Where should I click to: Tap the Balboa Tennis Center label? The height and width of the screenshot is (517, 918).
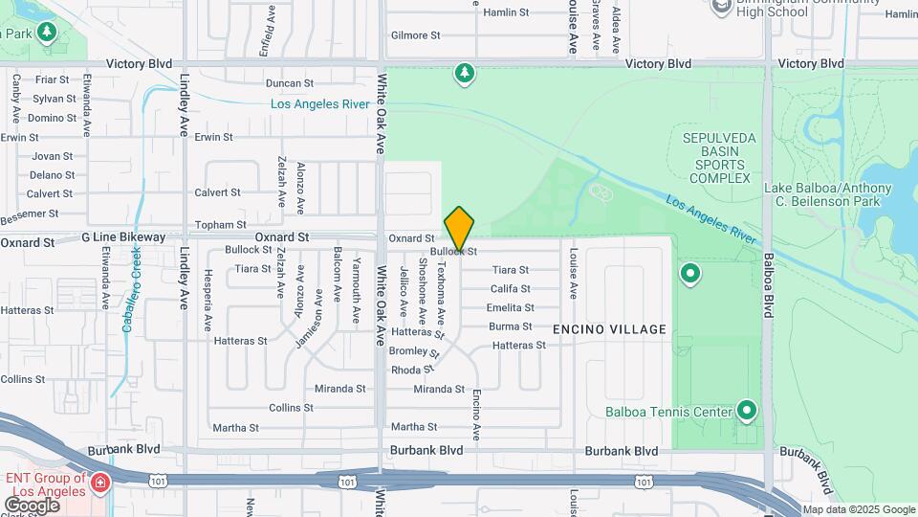click(668, 413)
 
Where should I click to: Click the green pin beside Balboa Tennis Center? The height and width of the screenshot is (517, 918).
click(747, 412)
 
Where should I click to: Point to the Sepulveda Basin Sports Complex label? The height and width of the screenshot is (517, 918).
click(718, 158)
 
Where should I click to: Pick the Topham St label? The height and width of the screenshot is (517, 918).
click(221, 225)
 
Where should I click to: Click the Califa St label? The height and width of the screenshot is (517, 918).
click(510, 289)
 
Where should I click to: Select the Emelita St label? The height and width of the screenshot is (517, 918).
click(510, 308)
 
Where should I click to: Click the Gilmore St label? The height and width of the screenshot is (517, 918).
click(415, 35)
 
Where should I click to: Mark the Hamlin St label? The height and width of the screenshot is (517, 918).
click(506, 12)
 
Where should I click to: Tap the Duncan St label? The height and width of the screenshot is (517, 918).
click(290, 84)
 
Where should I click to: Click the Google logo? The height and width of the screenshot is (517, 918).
click(32, 505)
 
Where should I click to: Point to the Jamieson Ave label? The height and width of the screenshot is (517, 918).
click(318, 308)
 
